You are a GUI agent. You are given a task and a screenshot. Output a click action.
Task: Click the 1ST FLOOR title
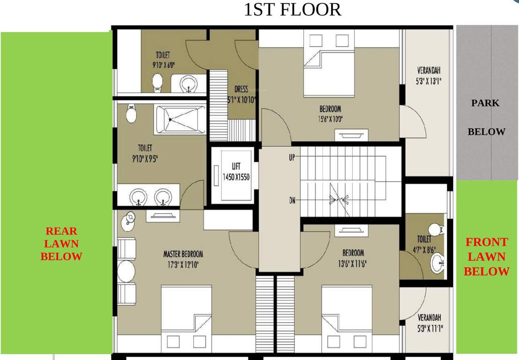tap(293, 10)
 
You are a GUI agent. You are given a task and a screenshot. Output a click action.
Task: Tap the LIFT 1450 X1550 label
tap(236, 172)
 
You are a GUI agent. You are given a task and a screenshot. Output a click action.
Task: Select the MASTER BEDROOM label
tap(183, 258)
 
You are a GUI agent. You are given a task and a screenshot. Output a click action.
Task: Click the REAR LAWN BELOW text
tap(61, 244)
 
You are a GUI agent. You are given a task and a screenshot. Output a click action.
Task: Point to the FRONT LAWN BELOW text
tap(486, 257)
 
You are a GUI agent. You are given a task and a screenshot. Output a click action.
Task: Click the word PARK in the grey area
tap(485, 103)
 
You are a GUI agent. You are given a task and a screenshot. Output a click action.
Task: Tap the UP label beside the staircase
tap(292, 158)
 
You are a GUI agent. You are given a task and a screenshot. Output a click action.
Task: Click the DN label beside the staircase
tap(292, 201)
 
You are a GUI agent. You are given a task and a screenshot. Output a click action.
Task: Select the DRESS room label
tap(241, 94)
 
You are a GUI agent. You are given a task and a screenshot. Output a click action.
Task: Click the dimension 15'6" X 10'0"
tap(330, 119)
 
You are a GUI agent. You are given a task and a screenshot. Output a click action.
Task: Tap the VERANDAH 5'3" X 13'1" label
tap(429, 75)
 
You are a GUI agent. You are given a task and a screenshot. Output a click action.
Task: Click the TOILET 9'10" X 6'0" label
tap(163, 60)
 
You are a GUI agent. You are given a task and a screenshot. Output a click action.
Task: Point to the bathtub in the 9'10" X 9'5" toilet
tap(180, 120)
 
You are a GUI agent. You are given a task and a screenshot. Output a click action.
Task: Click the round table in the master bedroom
tap(126, 271)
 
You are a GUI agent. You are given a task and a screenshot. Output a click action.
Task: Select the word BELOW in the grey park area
tap(486, 132)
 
